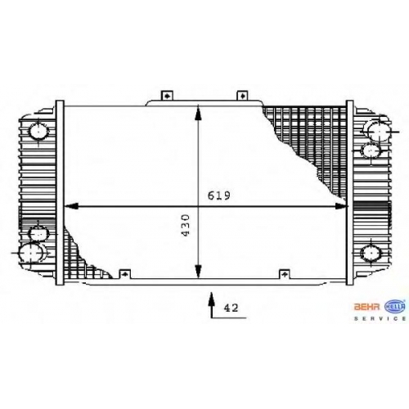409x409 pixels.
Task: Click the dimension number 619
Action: click(219, 196)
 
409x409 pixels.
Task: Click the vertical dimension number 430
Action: click(186, 226)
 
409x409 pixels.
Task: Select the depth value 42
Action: click(231, 308)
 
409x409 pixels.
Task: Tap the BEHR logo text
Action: click(366, 307)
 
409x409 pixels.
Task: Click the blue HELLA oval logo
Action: click(394, 307)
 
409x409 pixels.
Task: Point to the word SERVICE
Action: click(380, 318)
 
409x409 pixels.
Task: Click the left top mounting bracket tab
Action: click(167, 96)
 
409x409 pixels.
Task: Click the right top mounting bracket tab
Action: click(241, 96)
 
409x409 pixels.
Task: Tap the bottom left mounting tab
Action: click(125, 274)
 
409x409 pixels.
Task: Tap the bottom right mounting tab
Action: click(285, 274)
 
